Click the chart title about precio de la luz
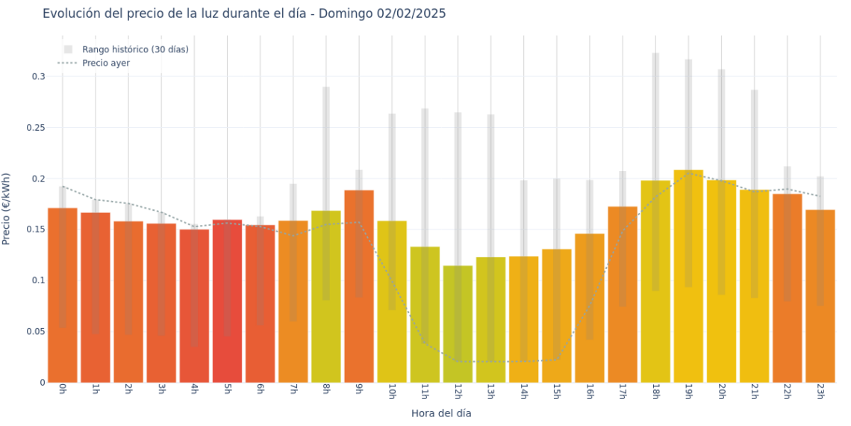[244, 13]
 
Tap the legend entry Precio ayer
[105, 64]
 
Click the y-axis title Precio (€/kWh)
[7, 209]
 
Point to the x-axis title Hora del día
[441, 413]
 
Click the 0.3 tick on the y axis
[38, 76]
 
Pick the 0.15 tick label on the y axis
[36, 229]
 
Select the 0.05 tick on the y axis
[36, 331]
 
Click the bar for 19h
[688, 277]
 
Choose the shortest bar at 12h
[458, 324]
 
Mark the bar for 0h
[63, 295]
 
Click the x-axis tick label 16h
[590, 392]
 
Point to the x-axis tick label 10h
[392, 392]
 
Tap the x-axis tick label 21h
[754, 392]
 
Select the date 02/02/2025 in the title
[409, 13]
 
